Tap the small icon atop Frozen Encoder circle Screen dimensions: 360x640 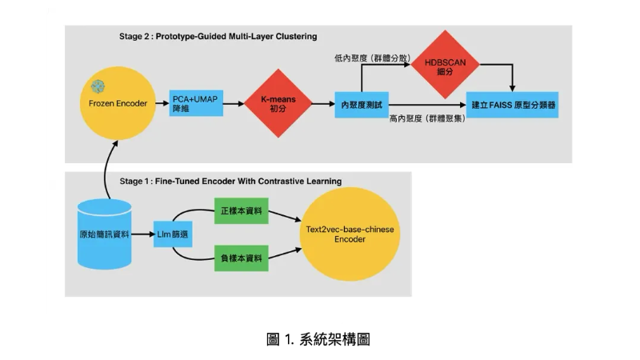click(x=98, y=85)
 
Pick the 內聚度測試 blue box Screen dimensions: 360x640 click(x=358, y=104)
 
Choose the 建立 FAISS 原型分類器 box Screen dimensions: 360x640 click(x=512, y=104)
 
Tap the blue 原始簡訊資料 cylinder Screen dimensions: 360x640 click(x=104, y=235)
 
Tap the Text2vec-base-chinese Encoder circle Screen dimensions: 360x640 click(x=350, y=234)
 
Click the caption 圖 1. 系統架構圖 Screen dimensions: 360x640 click(x=318, y=339)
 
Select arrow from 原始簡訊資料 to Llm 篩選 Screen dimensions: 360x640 click(x=145, y=235)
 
